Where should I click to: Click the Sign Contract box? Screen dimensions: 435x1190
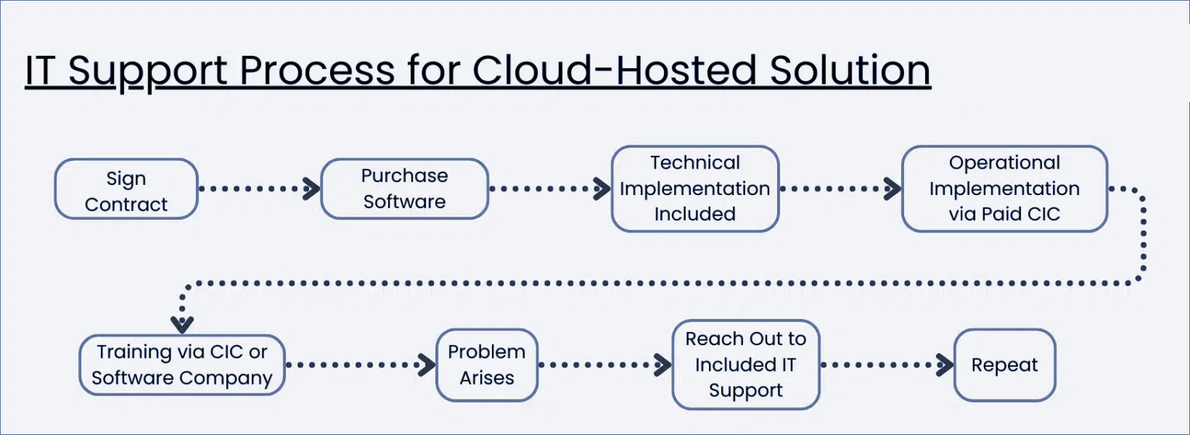pos(126,189)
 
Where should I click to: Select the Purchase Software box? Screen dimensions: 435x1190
pos(404,189)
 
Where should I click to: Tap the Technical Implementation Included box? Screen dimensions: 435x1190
pos(695,189)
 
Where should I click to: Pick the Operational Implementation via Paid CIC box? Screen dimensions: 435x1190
pos(1004,189)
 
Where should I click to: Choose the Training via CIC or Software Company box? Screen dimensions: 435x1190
pos(182,365)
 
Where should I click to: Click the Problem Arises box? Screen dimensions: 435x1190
pos(487,365)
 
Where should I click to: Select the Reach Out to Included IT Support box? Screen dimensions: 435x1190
pos(745,365)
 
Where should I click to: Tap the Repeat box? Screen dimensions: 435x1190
pos(1004,365)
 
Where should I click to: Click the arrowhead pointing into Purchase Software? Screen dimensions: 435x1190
pos(311,188)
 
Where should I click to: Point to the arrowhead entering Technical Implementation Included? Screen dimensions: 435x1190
pos(602,188)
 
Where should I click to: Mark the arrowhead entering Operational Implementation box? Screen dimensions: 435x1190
pos(892,188)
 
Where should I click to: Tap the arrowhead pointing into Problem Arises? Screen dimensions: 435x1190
pos(427,364)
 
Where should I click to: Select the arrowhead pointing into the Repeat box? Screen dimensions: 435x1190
pos(944,364)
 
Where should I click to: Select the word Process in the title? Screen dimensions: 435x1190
pos(316,70)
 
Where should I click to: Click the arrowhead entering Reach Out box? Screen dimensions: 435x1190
pos(662,364)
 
